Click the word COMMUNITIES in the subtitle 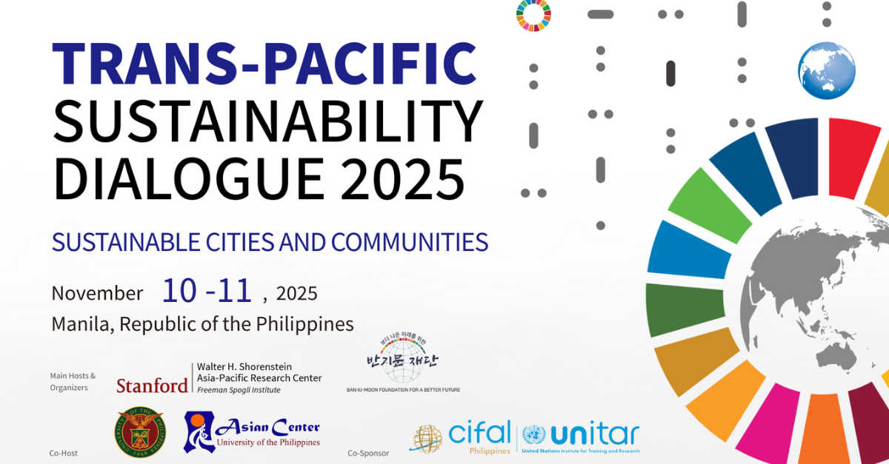(410, 242)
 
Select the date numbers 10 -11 (207, 291)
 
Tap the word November (97, 293)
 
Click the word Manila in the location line (81, 323)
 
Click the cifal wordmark (479, 433)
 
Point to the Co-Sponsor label (368, 453)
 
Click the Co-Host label (64, 453)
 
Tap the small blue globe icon (827, 71)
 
